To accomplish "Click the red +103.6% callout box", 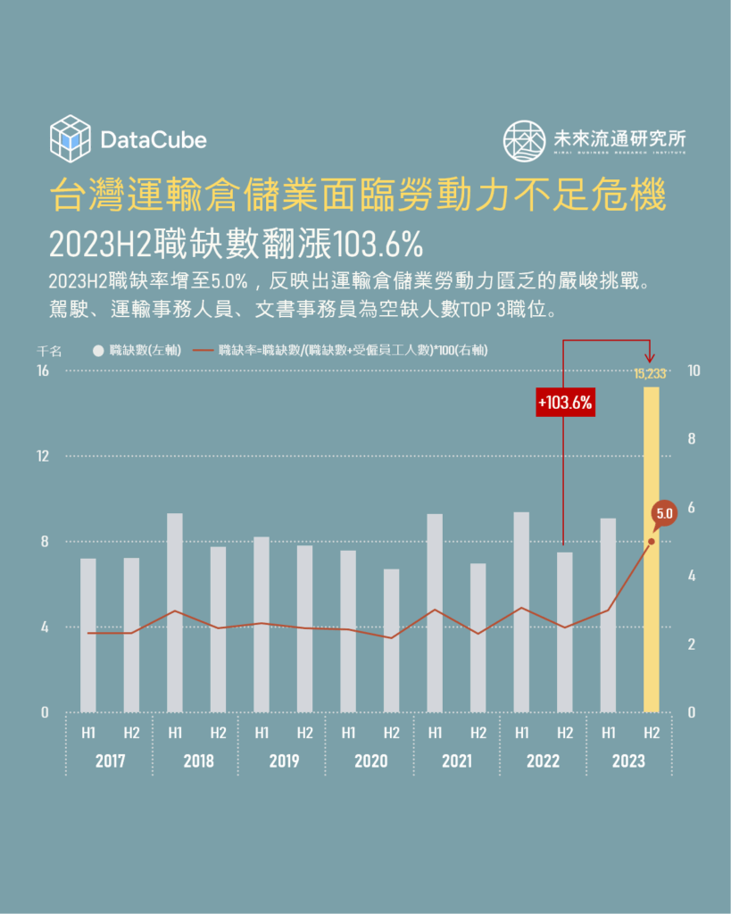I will pos(565,403).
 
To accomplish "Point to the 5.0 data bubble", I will pos(663,513).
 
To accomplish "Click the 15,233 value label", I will pos(651,373).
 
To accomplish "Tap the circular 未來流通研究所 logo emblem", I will pos(524,140).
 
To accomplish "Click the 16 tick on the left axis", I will pos(43,370).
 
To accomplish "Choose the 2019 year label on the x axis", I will pos(284,761).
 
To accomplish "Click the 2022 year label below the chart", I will pos(543,761).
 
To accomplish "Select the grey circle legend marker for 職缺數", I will pos(98,350).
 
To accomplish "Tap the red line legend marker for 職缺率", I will pos(204,350).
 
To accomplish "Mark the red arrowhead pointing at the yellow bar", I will pos(651,358).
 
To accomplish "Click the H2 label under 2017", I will pos(131,733).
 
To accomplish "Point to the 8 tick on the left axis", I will pos(45,541).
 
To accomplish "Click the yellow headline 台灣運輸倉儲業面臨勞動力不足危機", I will pos(359,195).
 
